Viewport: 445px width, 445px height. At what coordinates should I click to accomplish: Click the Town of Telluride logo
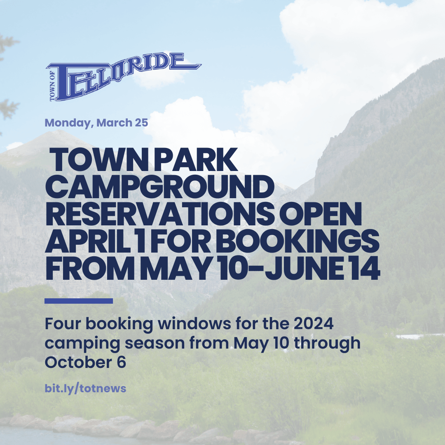[124, 77]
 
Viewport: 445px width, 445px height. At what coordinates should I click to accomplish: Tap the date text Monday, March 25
[96, 123]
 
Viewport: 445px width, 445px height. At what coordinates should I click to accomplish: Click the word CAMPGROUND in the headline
[159, 187]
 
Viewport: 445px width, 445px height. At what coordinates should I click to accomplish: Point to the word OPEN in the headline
[321, 214]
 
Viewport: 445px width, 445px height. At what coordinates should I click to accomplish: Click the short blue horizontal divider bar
[79, 301]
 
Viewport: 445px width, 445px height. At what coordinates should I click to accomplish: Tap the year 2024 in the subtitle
[313, 324]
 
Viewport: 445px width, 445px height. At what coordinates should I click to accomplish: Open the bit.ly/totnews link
[85, 389]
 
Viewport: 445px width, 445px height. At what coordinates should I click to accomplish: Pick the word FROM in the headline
[90, 268]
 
